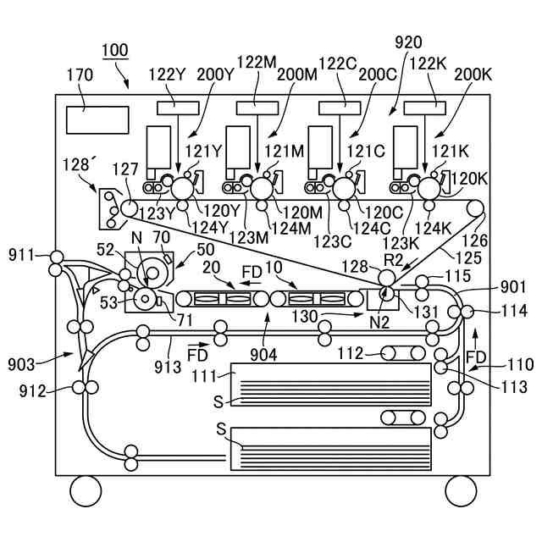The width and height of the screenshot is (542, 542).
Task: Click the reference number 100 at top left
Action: pos(115,51)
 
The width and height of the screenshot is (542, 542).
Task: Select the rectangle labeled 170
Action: pos(97,120)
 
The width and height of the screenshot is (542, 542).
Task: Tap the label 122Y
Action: pos(168,75)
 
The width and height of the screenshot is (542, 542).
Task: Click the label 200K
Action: pos(473,75)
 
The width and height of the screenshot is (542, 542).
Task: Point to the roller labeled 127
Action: pos(129,208)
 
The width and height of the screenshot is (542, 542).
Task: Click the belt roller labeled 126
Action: pos(475,208)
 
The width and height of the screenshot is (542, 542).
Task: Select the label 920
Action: pos(408,42)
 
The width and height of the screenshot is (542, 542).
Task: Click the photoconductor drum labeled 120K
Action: pos(429,188)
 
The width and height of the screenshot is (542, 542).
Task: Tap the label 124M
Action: pos(291,228)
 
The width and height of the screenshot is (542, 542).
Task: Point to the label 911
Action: pos(21,256)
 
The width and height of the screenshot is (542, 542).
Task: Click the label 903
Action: pos(21,365)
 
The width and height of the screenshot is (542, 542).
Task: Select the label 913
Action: pos(168,367)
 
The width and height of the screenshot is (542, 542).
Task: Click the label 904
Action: pos(263,355)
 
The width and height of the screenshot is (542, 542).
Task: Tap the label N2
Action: pos(379,323)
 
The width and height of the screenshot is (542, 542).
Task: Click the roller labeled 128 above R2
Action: pos(387,278)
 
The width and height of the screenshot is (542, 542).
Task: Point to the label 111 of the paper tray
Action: pos(204,376)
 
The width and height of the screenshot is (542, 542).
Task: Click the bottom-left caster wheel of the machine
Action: pos(86,491)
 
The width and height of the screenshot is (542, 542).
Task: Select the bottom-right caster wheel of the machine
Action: pos(461,491)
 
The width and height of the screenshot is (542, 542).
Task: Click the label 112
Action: pos(350,353)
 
